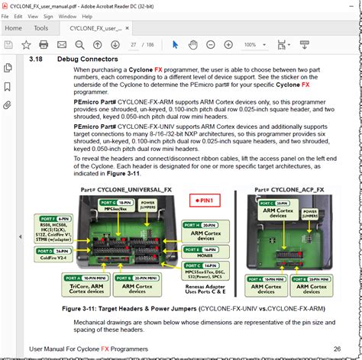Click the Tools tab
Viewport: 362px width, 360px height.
point(40,28)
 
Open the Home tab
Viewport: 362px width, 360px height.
point(13,28)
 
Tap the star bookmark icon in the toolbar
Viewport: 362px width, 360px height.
point(26,45)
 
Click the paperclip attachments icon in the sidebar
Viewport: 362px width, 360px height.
point(7,104)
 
